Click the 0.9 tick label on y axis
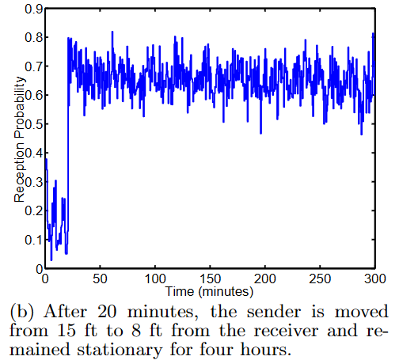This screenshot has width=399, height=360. click(33, 9)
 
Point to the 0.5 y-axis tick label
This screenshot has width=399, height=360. click(33, 124)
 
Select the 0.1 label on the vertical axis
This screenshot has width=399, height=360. click(33, 240)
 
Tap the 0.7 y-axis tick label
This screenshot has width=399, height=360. click(33, 66)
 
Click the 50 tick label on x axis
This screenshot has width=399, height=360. click(100, 279)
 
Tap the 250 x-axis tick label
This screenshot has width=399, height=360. click(320, 279)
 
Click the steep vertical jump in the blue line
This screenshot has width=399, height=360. click(67, 150)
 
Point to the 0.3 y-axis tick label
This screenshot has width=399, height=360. click(33, 182)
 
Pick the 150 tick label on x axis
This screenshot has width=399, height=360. click(210, 279)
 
